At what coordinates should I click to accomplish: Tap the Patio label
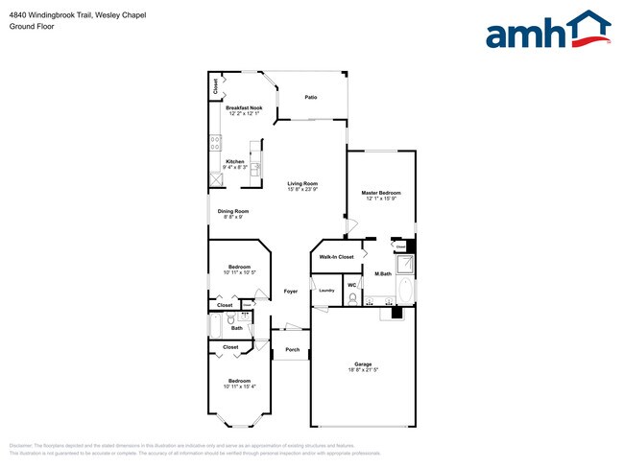311,98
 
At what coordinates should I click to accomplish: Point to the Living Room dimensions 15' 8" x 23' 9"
302,190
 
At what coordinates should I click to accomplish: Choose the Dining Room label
233,211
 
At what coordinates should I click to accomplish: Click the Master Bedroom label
381,193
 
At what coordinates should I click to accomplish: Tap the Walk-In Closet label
337,257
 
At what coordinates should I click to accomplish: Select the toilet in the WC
353,299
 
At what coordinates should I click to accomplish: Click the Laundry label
326,290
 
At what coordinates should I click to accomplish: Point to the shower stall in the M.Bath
406,266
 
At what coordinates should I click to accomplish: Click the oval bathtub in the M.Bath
406,292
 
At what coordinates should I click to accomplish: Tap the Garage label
363,364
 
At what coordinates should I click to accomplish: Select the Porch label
293,350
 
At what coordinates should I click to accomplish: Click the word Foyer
290,291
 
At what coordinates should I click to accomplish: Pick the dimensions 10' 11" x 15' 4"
240,386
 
